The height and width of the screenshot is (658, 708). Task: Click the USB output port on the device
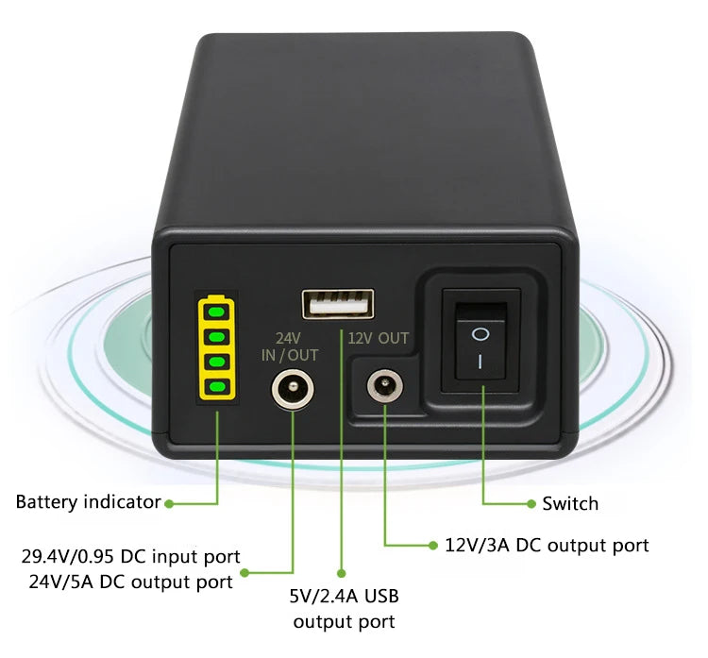(x=337, y=304)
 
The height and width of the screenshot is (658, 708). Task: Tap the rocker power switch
(x=480, y=346)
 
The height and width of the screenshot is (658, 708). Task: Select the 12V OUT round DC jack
(x=384, y=386)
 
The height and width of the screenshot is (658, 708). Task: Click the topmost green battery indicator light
(x=217, y=310)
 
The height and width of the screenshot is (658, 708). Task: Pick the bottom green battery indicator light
(x=217, y=385)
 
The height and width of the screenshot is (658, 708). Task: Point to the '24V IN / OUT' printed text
(x=290, y=346)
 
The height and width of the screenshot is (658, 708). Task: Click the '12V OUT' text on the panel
(x=378, y=337)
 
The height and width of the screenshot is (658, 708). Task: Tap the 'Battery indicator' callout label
(x=88, y=502)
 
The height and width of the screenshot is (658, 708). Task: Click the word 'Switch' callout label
(x=570, y=503)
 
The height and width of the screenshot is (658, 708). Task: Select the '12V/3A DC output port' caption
(x=547, y=545)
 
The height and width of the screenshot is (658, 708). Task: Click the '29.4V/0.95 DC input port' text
(x=131, y=556)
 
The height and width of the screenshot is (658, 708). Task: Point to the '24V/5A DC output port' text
(x=130, y=582)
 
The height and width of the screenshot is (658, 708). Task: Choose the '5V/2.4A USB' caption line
(x=344, y=597)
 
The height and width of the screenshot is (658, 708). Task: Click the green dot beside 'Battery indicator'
(x=169, y=503)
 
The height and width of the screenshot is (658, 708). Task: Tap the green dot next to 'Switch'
(x=529, y=503)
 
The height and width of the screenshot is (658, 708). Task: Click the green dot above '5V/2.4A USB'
(x=341, y=572)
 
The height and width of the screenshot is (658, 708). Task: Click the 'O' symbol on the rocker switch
(x=480, y=333)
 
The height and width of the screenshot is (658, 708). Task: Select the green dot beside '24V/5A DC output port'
(x=245, y=572)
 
